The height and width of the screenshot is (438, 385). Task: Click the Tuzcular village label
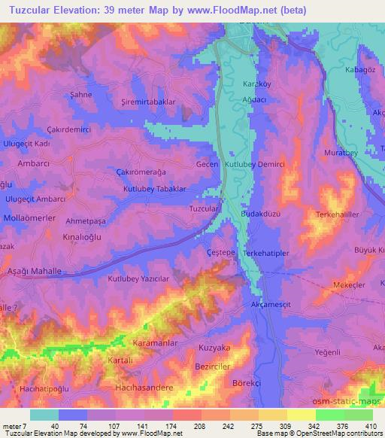tap(204, 208)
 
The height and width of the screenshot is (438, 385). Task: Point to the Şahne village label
tap(81, 96)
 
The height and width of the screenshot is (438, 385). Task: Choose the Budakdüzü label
tap(261, 214)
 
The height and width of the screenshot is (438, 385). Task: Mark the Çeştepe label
tap(222, 254)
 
